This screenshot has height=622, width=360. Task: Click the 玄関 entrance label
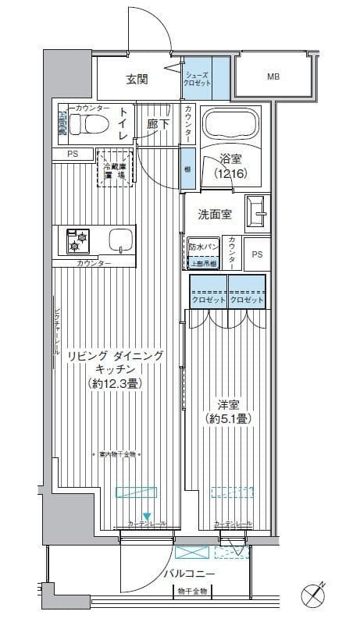pos(137,78)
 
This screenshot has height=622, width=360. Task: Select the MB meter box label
pos(273,76)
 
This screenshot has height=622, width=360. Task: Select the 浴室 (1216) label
pos(232,167)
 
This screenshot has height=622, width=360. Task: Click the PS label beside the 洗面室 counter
pos(257,254)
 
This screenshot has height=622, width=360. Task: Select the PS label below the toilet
pos(73,155)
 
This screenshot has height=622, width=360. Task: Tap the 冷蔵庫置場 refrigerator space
pos(114,168)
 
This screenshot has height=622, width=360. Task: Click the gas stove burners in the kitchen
pos(77,240)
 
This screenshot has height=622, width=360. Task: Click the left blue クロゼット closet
pos(208,291)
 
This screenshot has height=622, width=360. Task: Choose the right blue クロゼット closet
pos(247,291)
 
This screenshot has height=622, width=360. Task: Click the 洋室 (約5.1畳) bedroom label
pos(228,412)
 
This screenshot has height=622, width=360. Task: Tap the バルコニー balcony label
pos(190,574)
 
